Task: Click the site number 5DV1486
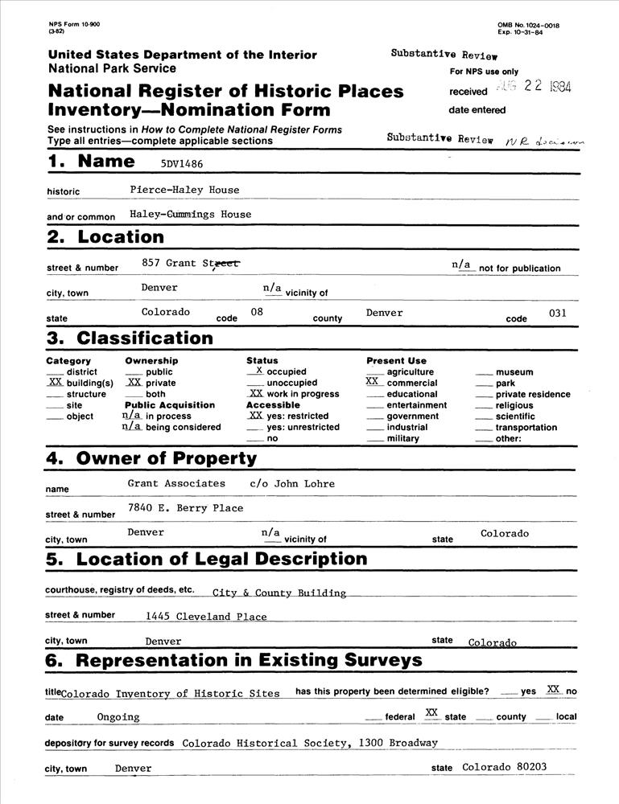(183, 162)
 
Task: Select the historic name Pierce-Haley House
(184, 190)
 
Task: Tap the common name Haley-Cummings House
(190, 215)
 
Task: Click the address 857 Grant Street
(190, 262)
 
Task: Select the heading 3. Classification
(130, 338)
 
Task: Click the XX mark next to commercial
(373, 383)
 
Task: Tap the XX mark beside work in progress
(255, 394)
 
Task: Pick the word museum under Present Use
(514, 372)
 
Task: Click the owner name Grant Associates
(176, 483)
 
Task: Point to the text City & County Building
(279, 593)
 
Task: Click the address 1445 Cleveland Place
(206, 617)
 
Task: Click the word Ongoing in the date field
(118, 716)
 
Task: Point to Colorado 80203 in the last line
(504, 767)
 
